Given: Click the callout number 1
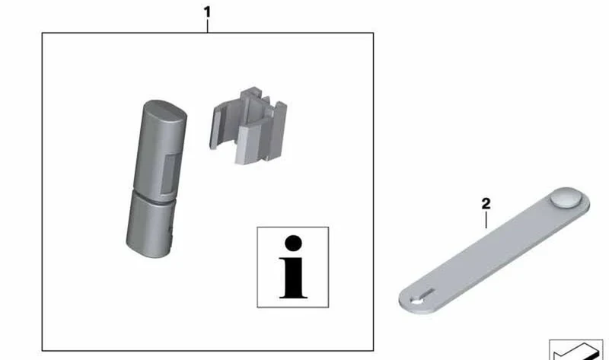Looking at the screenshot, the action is (x=207, y=12).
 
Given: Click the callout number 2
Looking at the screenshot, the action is (x=486, y=203).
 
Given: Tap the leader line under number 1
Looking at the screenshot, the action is (x=207, y=26).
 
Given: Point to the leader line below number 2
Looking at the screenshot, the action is (x=486, y=220).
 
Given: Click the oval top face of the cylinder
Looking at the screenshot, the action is (x=165, y=110).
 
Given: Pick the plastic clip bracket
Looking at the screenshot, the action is (x=248, y=126).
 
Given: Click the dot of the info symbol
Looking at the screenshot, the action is (x=293, y=244).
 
